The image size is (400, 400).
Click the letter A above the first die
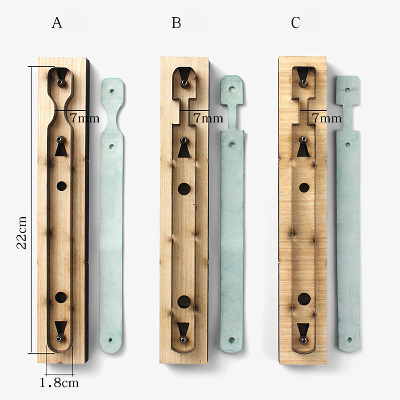pyautogui.click(x=57, y=23)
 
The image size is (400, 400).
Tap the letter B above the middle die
pyautogui.click(x=176, y=23)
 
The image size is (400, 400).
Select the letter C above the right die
pyautogui.click(x=296, y=23)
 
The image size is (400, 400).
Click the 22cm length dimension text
pyautogui.click(x=21, y=232)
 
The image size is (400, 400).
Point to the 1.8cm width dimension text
pyautogui.click(x=59, y=383)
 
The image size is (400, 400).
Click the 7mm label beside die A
pyautogui.click(x=85, y=118)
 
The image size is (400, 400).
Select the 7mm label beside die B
pyautogui.click(x=208, y=118)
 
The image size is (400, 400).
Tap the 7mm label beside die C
pyautogui.click(x=327, y=118)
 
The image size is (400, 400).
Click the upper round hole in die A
pyautogui.click(x=61, y=187)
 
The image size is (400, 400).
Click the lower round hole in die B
pyautogui.click(x=184, y=302)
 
